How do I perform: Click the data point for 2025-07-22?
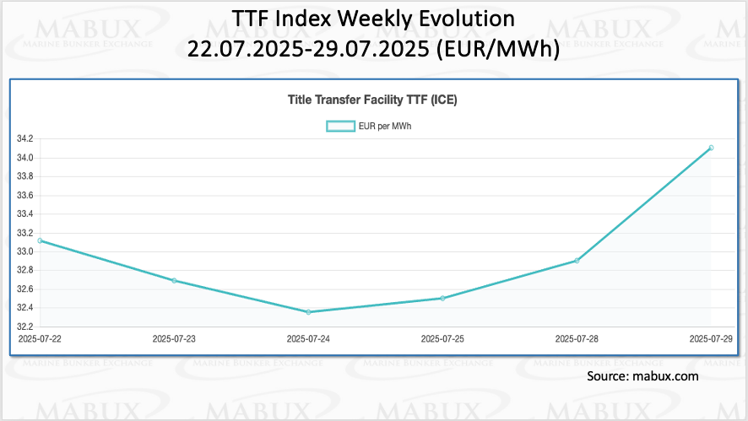40,240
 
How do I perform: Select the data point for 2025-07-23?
174,280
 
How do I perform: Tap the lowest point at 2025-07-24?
308,312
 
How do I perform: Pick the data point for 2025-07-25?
442,298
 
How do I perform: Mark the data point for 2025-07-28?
577,261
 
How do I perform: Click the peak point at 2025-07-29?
711,148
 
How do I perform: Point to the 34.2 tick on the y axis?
24,139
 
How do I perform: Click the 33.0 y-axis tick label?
24,251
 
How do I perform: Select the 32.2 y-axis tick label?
24,327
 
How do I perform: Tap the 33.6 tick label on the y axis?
24,196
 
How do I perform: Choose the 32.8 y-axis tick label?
24,270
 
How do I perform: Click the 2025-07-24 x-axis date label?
308,339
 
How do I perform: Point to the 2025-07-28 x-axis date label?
577,339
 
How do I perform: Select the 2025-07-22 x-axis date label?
40,339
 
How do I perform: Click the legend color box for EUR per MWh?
340,126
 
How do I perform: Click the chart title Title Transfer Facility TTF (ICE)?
372,100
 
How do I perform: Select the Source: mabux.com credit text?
642,376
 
